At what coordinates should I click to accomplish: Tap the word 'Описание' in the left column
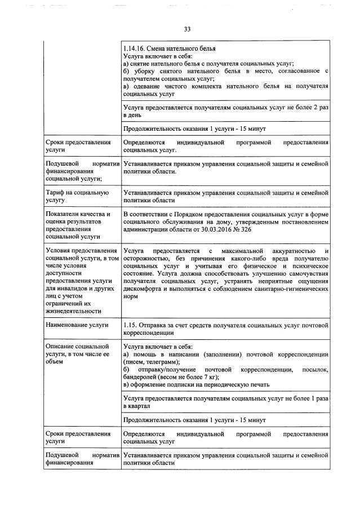[x=59, y=346]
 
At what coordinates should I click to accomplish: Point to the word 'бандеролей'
[x=141, y=376]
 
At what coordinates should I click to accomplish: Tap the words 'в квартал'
[x=136, y=406]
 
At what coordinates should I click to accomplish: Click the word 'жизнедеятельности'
[x=74, y=311]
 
